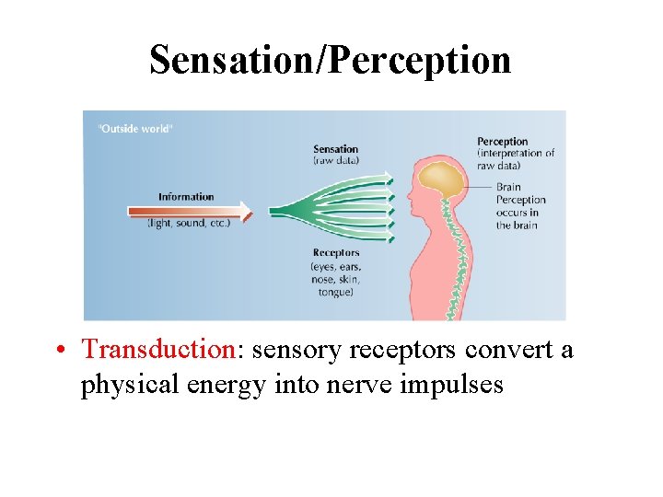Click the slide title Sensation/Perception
(x=330, y=60)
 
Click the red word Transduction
(x=158, y=350)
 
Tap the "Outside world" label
(x=134, y=129)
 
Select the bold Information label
(x=186, y=196)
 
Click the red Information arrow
(x=189, y=212)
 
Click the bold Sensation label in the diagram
(x=335, y=149)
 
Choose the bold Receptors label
(x=336, y=253)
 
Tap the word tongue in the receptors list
(x=334, y=293)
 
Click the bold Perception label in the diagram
(x=503, y=142)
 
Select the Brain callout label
(x=508, y=187)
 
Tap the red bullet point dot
(x=59, y=351)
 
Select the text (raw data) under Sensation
(x=335, y=161)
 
